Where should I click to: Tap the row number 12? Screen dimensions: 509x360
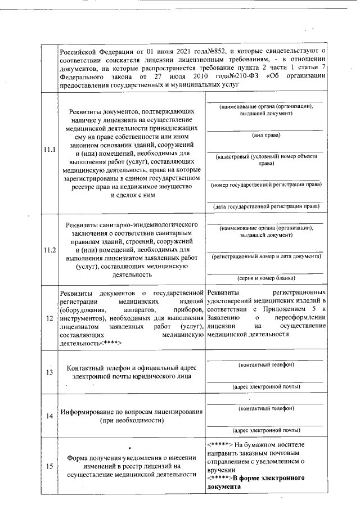pyautogui.click(x=49, y=318)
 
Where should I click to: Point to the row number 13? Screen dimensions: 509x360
pyautogui.click(x=49, y=372)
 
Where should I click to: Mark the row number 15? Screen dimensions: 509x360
pyautogui.click(x=49, y=466)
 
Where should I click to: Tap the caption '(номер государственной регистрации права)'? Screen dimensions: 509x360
pyautogui.click(x=266, y=184)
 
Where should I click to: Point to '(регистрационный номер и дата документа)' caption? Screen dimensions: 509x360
pyautogui.click(x=266, y=256)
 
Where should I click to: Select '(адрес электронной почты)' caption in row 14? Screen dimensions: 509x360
pyautogui.click(x=266, y=430)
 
